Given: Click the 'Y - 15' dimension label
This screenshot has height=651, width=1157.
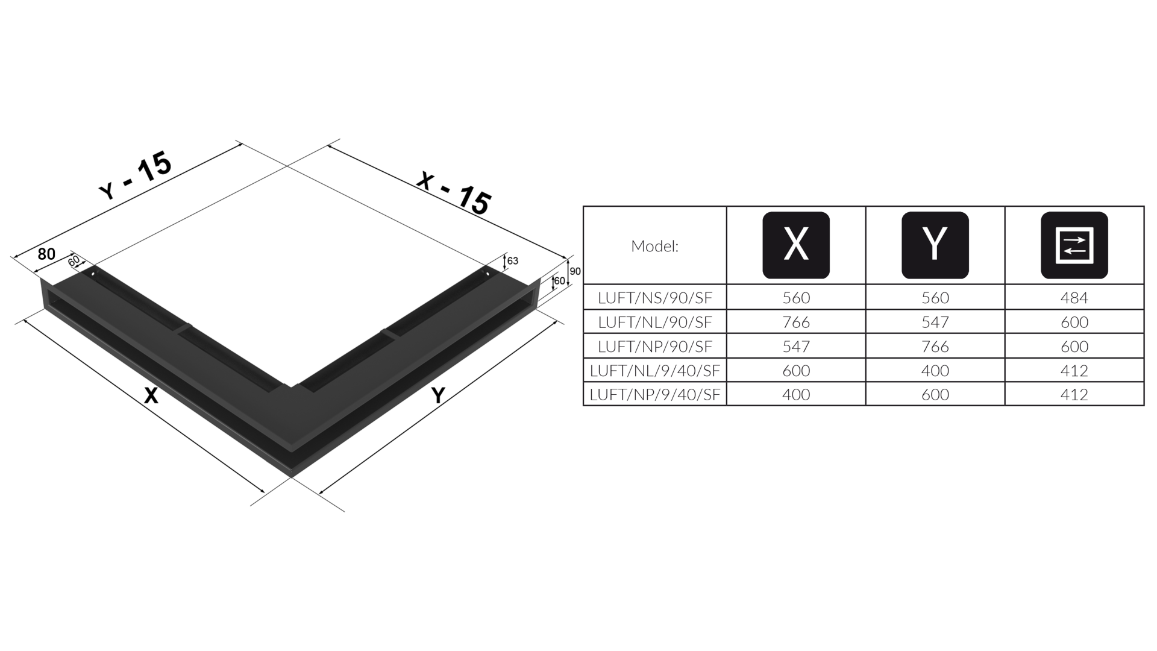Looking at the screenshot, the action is [x=136, y=175].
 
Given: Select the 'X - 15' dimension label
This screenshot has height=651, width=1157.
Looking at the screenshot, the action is [x=454, y=193].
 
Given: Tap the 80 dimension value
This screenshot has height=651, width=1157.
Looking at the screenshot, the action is [x=46, y=254].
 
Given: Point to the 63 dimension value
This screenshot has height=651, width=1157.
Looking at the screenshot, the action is [x=513, y=261].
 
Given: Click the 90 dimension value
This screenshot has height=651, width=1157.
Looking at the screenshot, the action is [x=575, y=271].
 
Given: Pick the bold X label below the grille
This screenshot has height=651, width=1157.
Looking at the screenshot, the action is [x=151, y=395].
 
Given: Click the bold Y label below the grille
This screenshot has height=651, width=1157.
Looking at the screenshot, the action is [x=438, y=395].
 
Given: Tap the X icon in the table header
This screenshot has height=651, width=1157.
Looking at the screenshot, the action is [x=796, y=245].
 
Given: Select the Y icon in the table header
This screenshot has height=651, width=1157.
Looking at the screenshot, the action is [x=935, y=245].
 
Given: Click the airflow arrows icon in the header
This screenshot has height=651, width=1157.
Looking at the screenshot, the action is [x=1074, y=245].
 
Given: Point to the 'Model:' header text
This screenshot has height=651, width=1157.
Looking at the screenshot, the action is [x=654, y=246].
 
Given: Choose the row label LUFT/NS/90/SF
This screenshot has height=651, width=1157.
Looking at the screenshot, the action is [x=655, y=298].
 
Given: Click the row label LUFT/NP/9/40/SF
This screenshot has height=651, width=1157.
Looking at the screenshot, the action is [x=655, y=394].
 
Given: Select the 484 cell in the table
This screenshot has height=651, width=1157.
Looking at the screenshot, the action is [x=1074, y=298].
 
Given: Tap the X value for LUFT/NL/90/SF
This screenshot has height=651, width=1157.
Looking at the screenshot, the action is [x=796, y=322].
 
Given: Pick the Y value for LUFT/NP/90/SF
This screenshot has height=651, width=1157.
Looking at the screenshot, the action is [x=935, y=346].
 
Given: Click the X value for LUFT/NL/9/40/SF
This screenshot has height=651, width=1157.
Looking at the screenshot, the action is [x=796, y=370].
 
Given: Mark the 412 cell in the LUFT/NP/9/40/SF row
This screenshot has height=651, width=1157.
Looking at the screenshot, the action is [x=1074, y=394].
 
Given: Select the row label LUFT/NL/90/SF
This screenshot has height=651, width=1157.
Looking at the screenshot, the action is [x=655, y=322].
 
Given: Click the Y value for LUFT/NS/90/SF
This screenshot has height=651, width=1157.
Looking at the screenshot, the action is [x=935, y=298].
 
